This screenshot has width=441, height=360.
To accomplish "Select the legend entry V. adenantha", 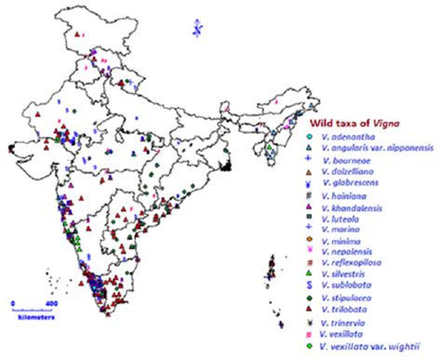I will (x=353, y=138).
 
